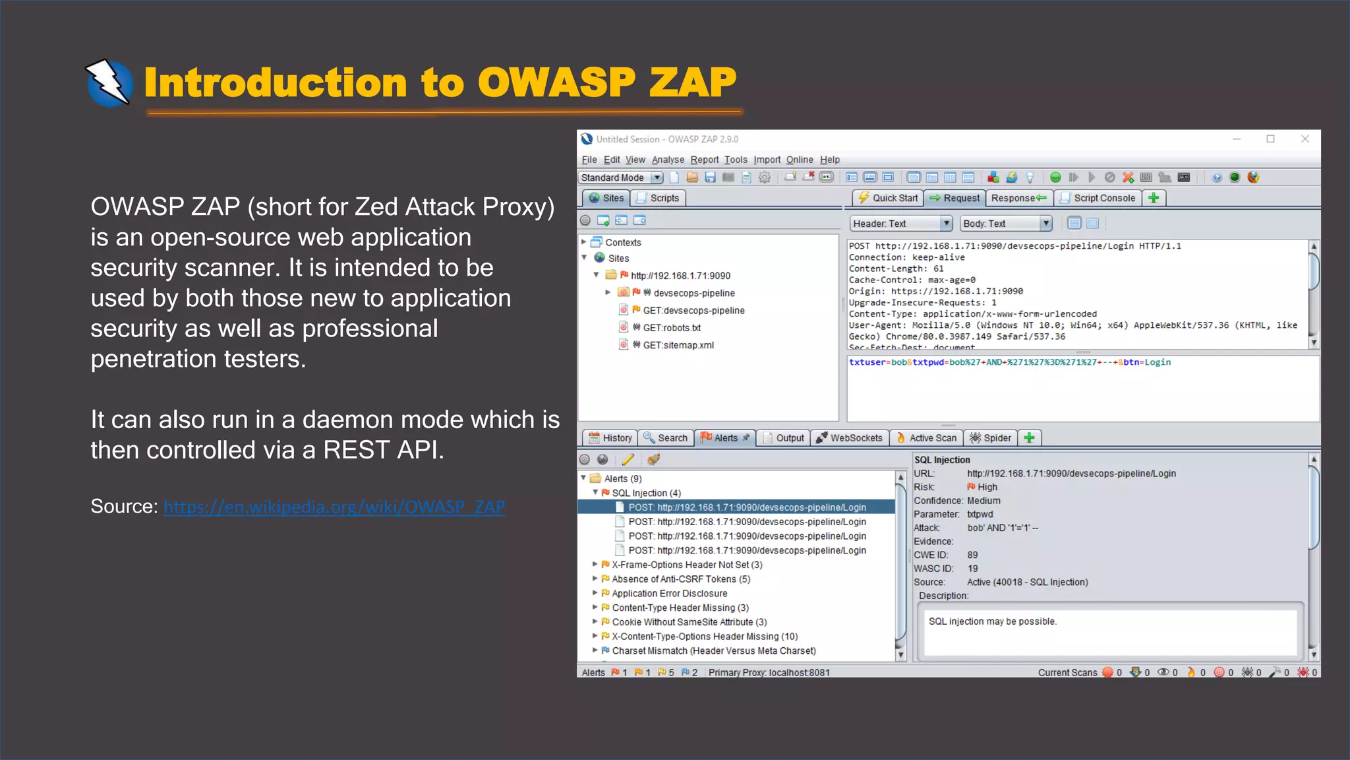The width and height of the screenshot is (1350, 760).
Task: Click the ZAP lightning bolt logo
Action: pyautogui.click(x=109, y=83)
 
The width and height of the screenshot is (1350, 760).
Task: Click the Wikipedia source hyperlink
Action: pyautogui.click(x=334, y=507)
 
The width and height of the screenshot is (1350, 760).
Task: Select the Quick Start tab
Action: pyautogui.click(x=887, y=198)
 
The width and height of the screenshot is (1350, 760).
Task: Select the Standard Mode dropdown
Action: pyautogui.click(x=621, y=177)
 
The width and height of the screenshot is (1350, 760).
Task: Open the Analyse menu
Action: pyautogui.click(x=668, y=160)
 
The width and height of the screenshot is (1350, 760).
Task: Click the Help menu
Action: pyautogui.click(x=829, y=160)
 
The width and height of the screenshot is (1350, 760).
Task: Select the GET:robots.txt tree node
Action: pyautogui.click(x=671, y=328)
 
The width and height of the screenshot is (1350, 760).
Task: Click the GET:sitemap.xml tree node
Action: pyautogui.click(x=678, y=345)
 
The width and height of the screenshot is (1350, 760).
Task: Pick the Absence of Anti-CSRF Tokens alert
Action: pyautogui.click(x=680, y=579)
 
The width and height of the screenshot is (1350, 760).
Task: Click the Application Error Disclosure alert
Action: pyautogui.click(x=669, y=594)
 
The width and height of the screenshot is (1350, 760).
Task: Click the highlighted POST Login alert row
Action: pyautogui.click(x=746, y=507)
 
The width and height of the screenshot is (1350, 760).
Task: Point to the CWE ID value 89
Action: pyautogui.click(x=972, y=555)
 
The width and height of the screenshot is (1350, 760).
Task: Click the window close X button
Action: pyautogui.click(x=1305, y=139)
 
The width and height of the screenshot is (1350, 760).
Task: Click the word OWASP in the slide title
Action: pyautogui.click(x=556, y=83)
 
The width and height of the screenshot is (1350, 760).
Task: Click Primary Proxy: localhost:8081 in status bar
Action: pyautogui.click(x=769, y=672)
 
